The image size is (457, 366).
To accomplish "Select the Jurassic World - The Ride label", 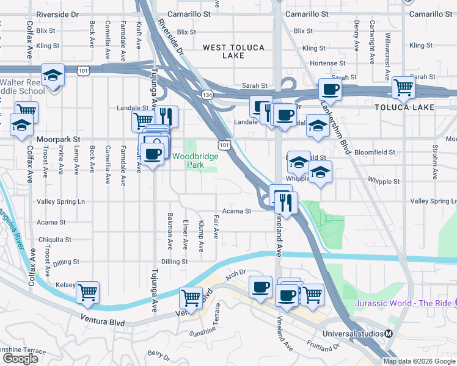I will click(x=403, y=303).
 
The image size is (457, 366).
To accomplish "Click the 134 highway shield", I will click(x=207, y=95).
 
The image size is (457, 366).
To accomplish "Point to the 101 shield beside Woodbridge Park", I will click(x=225, y=145).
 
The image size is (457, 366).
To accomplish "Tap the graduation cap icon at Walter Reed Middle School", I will click(x=53, y=76).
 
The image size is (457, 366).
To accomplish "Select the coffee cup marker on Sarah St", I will click(x=330, y=89).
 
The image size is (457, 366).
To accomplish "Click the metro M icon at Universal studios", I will click(x=387, y=334).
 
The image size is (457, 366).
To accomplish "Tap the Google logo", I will click(x=20, y=359).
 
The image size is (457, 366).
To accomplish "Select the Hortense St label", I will click(x=324, y=63).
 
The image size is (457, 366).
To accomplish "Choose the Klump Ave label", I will click(x=201, y=235).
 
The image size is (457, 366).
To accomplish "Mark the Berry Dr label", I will click(x=158, y=354).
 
